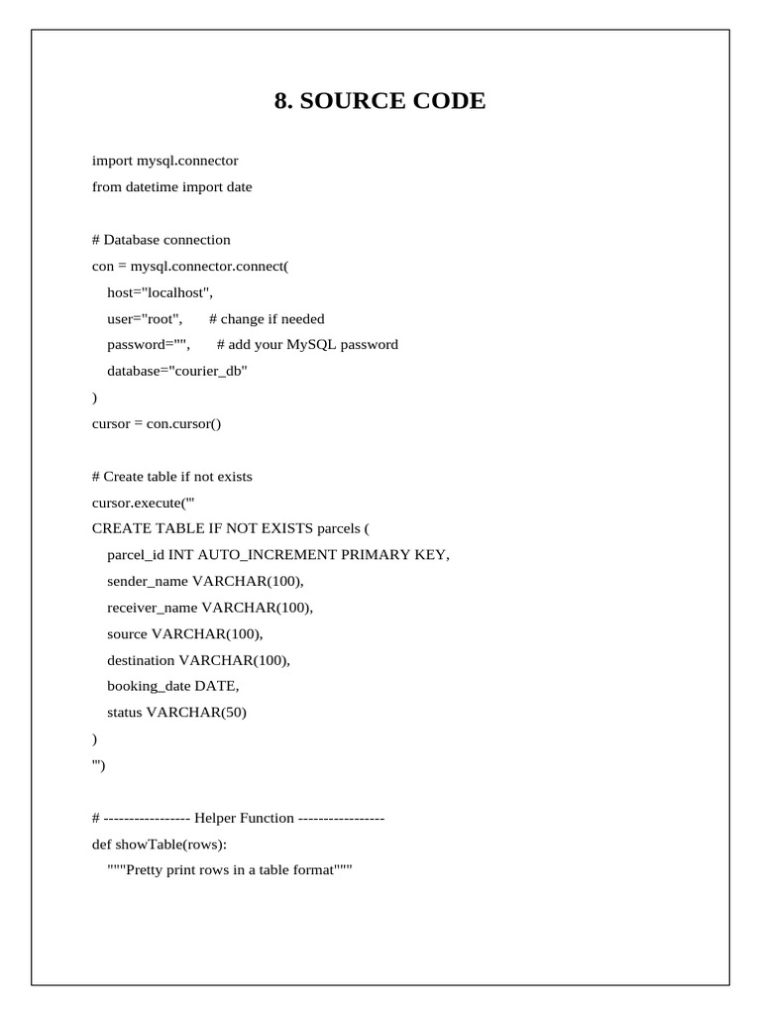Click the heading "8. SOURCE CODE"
pyautogui.click(x=380, y=101)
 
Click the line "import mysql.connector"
pyautogui.click(x=164, y=161)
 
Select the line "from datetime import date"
pyautogui.click(x=171, y=186)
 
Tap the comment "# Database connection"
pyautogui.click(x=161, y=239)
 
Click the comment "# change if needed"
pyautogui.click(x=267, y=318)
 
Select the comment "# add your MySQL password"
pyautogui.click(x=307, y=345)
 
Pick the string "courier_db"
pyautogui.click(x=209, y=371)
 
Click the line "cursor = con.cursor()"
pyautogui.click(x=157, y=423)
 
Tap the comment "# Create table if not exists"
pyautogui.click(x=171, y=476)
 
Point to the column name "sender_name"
pyautogui.click(x=148, y=581)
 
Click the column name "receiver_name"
pyautogui.click(x=153, y=607)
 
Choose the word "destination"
pyautogui.click(x=141, y=659)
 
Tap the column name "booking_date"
pyautogui.click(x=149, y=686)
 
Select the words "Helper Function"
pyautogui.click(x=244, y=818)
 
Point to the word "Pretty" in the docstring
pyautogui.click(x=147, y=870)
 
